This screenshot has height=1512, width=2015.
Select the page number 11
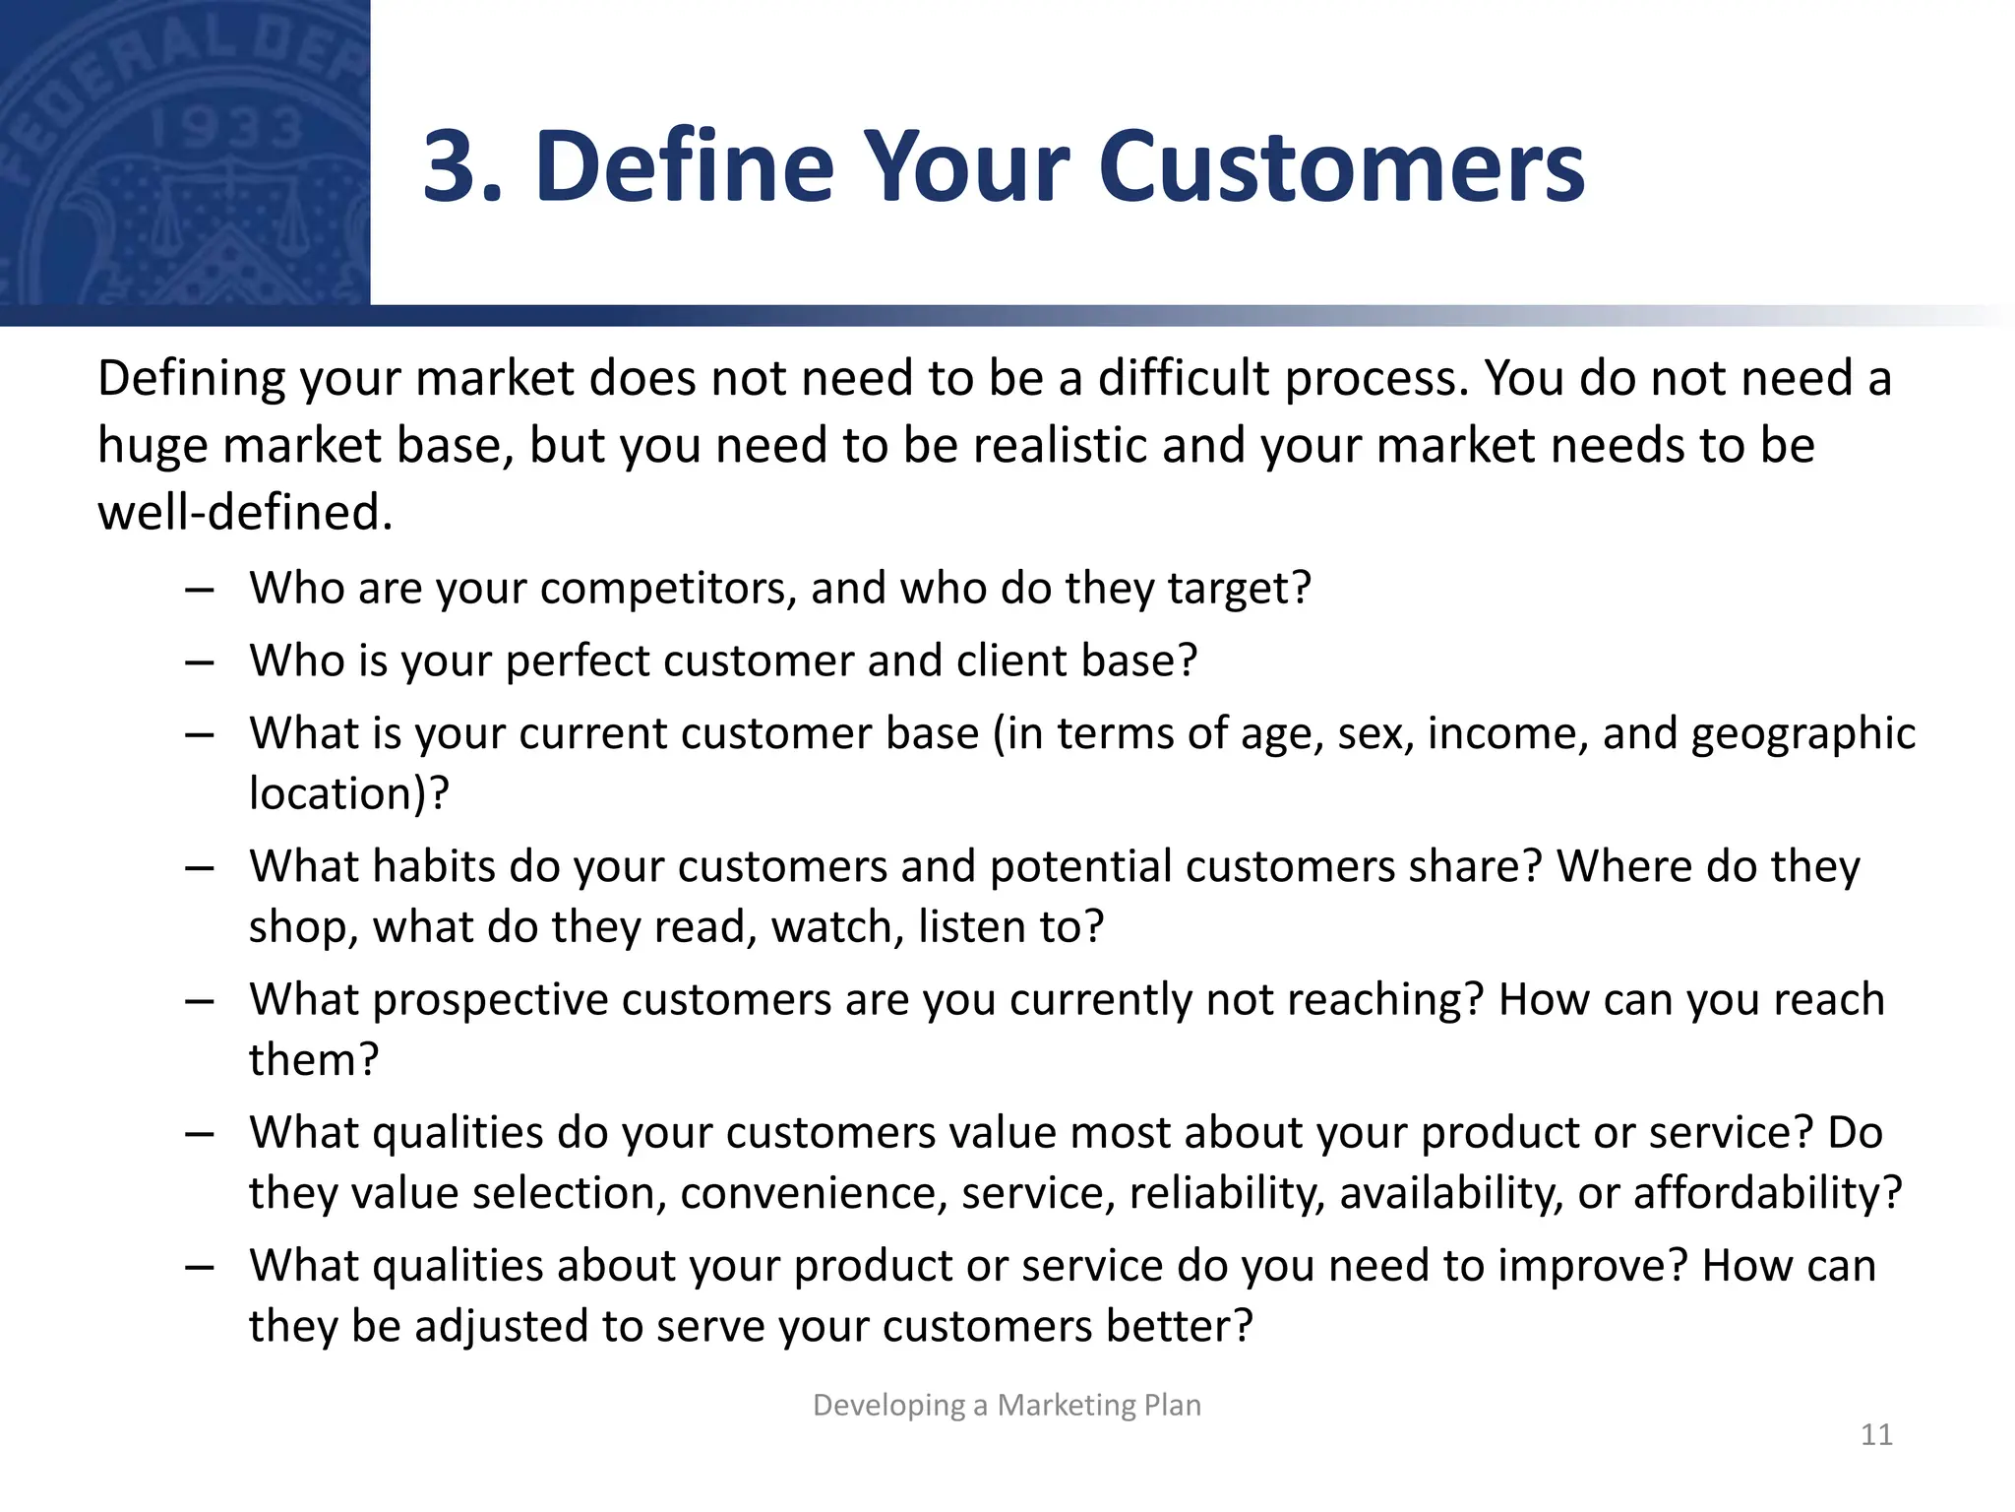click(1876, 1434)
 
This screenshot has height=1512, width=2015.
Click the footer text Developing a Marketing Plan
click(1007, 1405)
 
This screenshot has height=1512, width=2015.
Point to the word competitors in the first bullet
click(668, 590)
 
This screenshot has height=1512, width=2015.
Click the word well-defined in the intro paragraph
click(244, 513)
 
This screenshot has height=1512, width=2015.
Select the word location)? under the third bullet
click(348, 793)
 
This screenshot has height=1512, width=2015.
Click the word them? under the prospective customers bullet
click(313, 1061)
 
